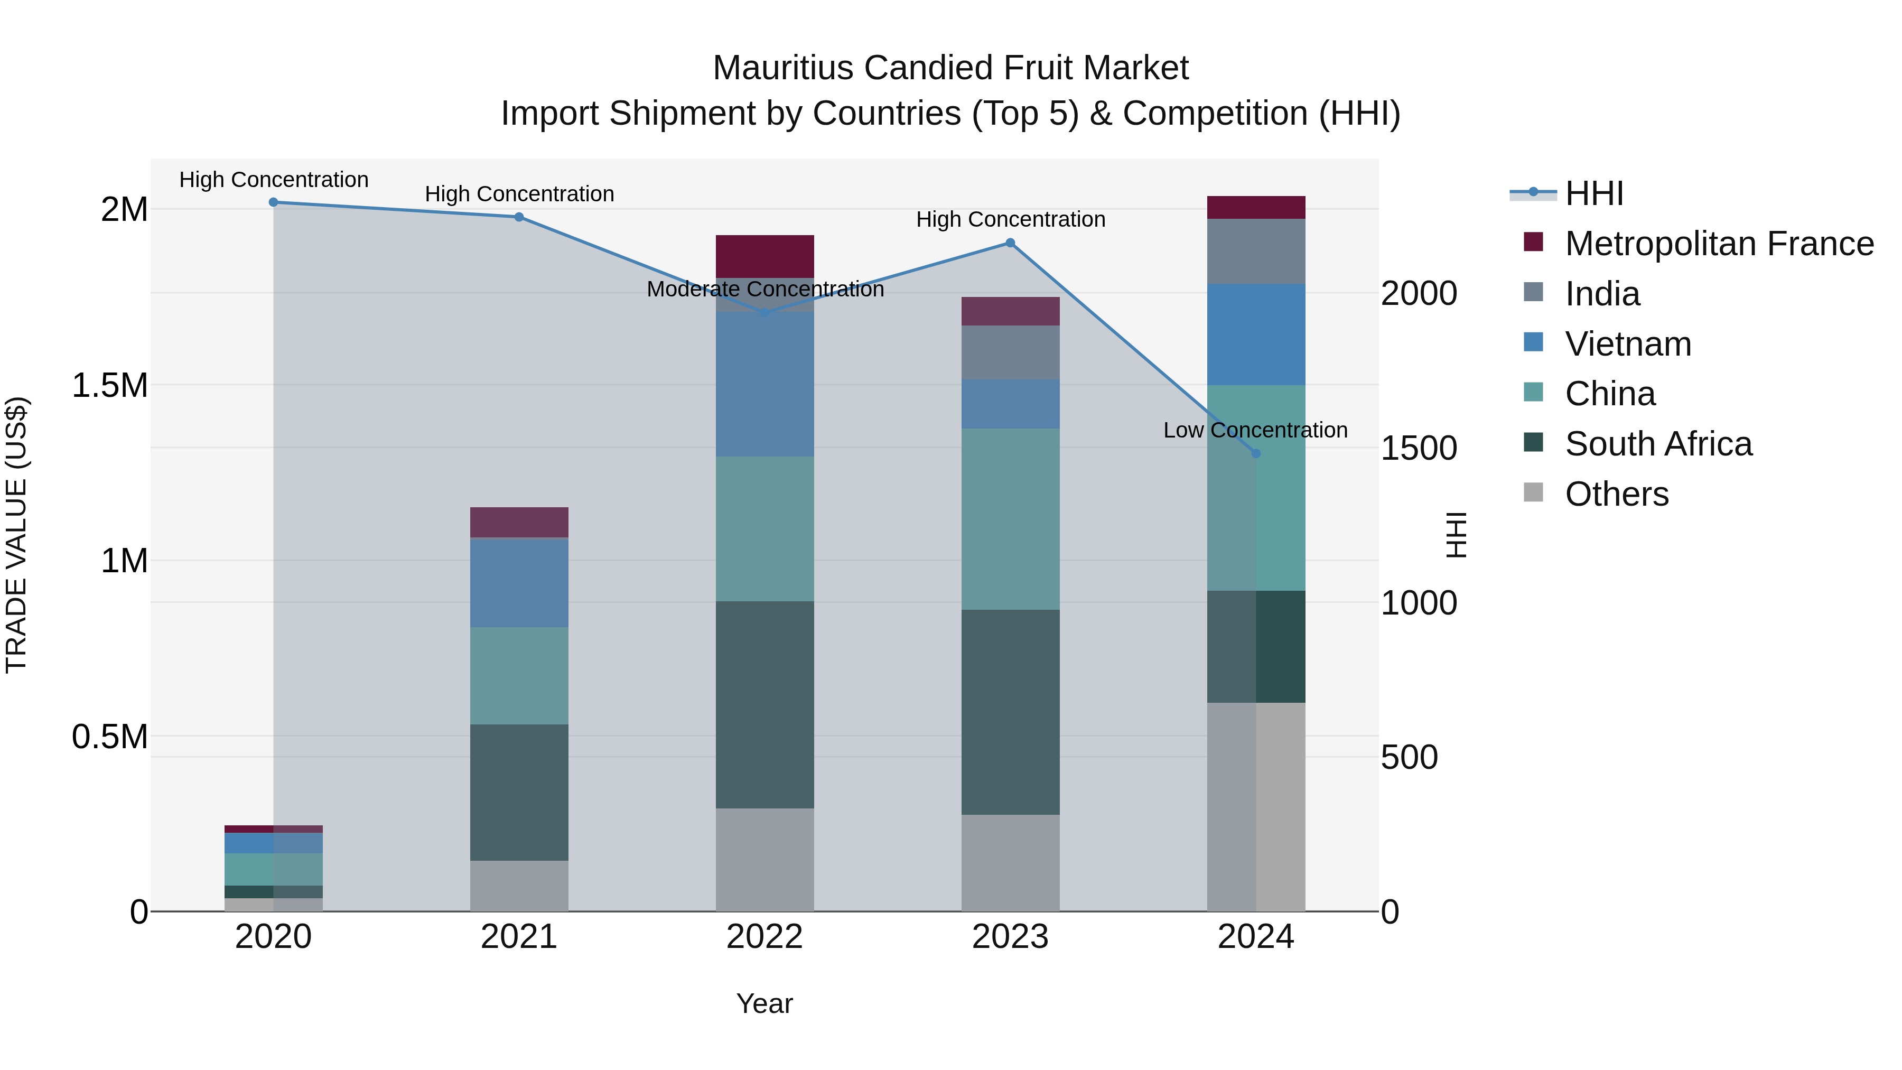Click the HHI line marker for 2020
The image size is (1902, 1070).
[273, 202]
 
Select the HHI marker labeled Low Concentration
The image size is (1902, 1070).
[1256, 453]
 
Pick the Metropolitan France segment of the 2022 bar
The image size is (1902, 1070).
[765, 256]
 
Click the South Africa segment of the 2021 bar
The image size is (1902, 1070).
[519, 793]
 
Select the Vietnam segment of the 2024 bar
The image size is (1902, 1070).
[1256, 334]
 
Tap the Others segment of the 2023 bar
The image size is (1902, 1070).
[1010, 862]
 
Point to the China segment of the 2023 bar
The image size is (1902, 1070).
[1010, 519]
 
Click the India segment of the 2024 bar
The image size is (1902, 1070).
[1256, 251]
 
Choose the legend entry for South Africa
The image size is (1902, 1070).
[1657, 444]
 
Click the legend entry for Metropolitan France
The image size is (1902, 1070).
[1719, 244]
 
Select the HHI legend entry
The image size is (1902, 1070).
[1593, 193]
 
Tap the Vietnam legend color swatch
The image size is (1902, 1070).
[1534, 342]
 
